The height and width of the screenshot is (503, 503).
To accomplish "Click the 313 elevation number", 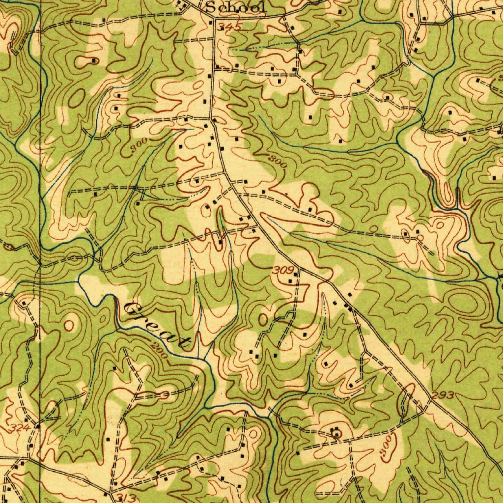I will tap(126, 497).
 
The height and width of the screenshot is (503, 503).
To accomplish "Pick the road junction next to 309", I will tap(298, 269).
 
